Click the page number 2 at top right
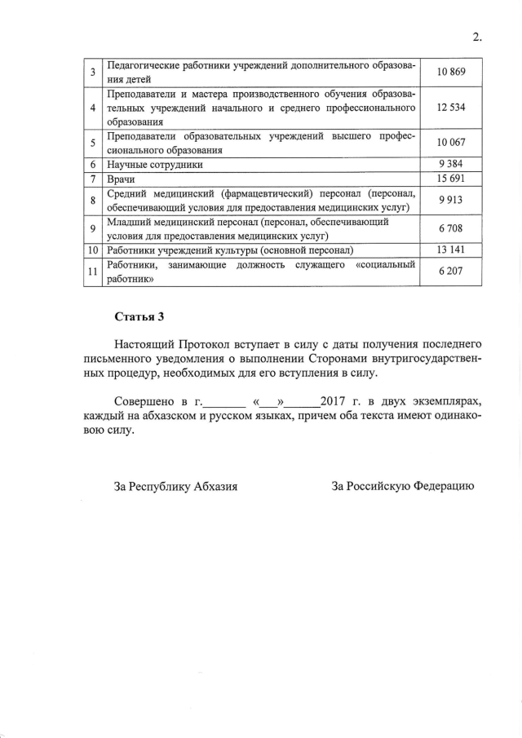click(477, 36)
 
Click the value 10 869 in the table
click(450, 73)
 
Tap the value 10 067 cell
click(450, 143)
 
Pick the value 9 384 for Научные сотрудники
click(450, 164)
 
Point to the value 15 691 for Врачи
click(450, 178)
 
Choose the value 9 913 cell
click(450, 199)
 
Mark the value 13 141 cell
click(450, 249)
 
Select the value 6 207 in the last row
click(450, 270)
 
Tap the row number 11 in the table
click(93, 271)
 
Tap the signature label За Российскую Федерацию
click(402, 487)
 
